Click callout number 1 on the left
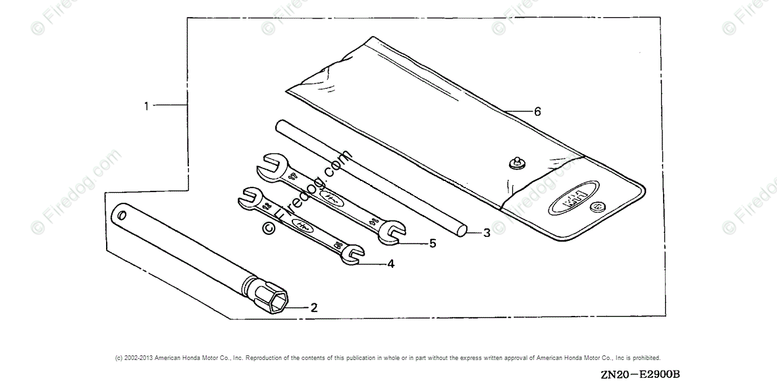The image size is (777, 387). click(147, 105)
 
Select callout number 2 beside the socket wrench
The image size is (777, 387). click(314, 307)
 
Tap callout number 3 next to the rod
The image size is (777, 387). click(487, 232)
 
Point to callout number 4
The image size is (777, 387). click(390, 264)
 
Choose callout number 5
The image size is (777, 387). click(432, 244)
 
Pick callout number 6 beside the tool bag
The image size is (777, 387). click(537, 112)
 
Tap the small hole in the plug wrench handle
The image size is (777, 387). click(122, 215)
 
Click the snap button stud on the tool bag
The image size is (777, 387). click(516, 161)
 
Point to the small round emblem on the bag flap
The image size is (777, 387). click(597, 206)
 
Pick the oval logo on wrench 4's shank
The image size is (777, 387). click(302, 224)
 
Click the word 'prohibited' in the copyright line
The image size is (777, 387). click(645, 357)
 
